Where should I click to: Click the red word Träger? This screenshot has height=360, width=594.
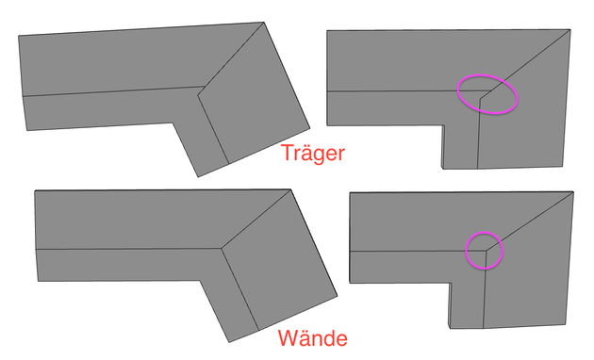(x=315, y=154)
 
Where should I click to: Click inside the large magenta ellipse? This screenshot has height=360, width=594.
(x=487, y=95)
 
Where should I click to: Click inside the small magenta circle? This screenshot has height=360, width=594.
(x=485, y=250)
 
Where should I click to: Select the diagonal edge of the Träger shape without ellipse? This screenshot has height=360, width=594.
(x=231, y=56)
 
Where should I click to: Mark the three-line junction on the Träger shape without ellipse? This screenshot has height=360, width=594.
(x=200, y=90)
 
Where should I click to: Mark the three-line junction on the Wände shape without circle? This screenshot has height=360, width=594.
(x=222, y=248)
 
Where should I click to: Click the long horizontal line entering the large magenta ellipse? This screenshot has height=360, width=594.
(x=396, y=90)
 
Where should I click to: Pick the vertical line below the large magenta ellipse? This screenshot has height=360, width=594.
(x=479, y=132)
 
